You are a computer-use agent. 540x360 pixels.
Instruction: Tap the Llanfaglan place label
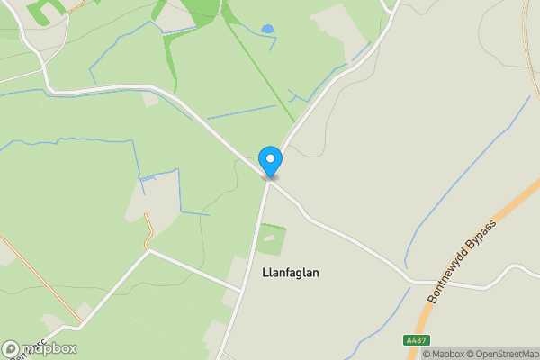tap(290, 272)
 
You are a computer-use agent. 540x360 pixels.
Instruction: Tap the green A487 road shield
tap(414, 340)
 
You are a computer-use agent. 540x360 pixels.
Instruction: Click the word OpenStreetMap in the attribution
tap(508, 353)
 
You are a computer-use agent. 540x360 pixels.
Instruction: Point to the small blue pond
tap(266, 30)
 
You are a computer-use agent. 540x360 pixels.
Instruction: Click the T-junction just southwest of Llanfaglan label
tap(241, 290)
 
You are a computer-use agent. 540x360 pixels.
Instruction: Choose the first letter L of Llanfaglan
tap(264, 272)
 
